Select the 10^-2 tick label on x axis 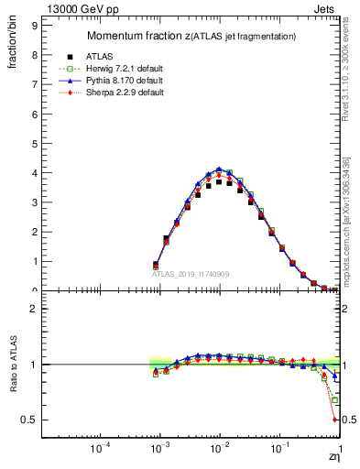tap(219, 451)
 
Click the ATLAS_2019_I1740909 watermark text tap(191, 274)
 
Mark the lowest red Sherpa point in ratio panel tap(335, 420)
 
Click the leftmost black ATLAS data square tap(156, 265)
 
